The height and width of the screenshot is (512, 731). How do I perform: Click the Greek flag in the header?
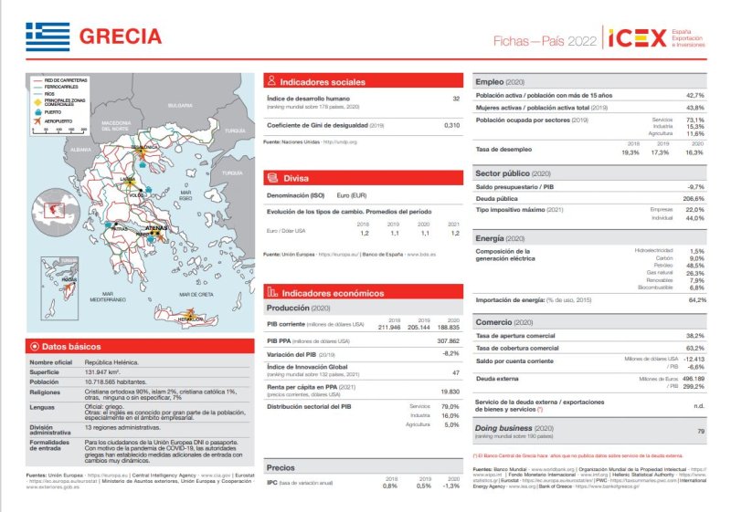tap(48, 37)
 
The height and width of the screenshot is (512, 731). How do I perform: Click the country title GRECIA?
tap(121, 37)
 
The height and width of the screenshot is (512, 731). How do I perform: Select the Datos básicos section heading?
tap(71, 347)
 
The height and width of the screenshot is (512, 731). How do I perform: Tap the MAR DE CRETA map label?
tap(196, 295)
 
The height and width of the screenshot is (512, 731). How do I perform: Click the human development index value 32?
tap(456, 98)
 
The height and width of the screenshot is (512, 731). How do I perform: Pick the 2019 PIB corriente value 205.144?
tap(419, 326)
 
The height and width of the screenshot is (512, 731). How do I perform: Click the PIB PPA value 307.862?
tap(448, 340)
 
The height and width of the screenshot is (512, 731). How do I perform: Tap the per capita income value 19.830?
tap(450, 391)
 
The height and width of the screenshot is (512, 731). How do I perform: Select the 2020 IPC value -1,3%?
tap(450, 486)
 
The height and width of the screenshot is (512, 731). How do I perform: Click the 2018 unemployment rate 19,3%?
tap(630, 152)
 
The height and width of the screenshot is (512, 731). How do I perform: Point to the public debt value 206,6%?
tap(694, 198)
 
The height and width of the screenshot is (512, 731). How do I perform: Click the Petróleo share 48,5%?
tap(695, 265)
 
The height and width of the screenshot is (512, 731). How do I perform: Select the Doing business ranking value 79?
tap(701, 430)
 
